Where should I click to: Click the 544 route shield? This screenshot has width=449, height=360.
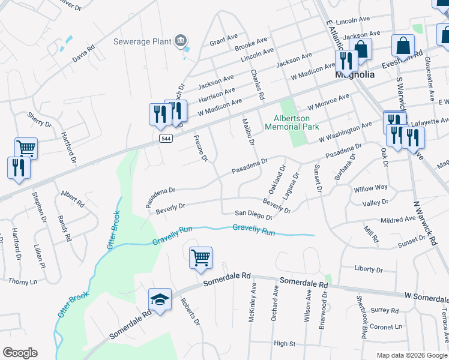[166, 138]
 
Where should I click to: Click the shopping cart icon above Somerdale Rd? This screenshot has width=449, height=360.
[200, 258]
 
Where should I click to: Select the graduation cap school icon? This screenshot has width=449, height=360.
[160, 299]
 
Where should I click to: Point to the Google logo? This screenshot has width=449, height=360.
[20, 353]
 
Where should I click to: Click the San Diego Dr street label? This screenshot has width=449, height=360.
[249, 212]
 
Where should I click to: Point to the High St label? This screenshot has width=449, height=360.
[284, 343]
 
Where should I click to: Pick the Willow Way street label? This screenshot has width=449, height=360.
[371, 188]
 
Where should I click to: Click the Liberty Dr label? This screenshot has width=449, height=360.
[369, 268]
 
